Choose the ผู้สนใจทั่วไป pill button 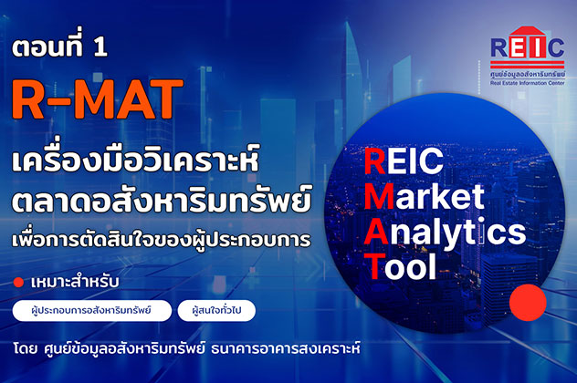click(216, 311)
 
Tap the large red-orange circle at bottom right click(527, 301)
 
